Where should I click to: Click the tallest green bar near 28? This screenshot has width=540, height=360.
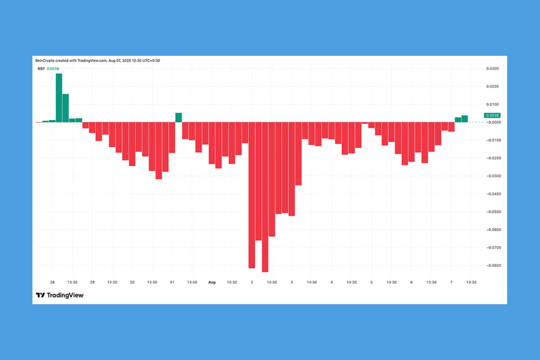tap(59, 98)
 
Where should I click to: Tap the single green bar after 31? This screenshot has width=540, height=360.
tap(179, 118)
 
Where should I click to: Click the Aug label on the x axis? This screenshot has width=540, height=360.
tap(211, 283)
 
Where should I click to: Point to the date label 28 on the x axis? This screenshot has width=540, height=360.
tap(52, 283)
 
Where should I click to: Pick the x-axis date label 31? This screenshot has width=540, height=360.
tap(172, 283)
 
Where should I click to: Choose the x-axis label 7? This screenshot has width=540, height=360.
tap(451, 283)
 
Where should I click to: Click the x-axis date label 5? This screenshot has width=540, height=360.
tap(371, 283)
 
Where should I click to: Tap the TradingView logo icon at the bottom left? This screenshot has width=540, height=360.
tap(40, 295)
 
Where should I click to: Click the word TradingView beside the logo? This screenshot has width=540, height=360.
tap(65, 295)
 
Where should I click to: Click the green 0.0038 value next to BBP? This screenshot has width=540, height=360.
tap(52, 69)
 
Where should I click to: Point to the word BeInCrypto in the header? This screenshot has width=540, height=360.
tap(44, 61)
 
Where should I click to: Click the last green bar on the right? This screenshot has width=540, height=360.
tap(465, 119)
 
